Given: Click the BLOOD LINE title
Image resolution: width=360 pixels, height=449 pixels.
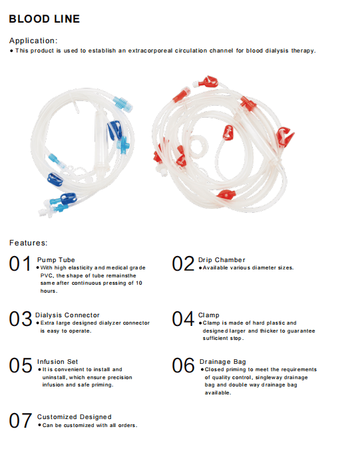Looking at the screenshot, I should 44,19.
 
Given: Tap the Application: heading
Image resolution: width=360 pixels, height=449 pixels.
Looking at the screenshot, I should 33,41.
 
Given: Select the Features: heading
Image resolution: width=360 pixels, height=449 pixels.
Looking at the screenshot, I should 28,243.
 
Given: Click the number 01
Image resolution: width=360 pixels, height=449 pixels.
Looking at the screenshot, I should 20,264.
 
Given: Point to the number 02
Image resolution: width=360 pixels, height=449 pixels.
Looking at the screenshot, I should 183,264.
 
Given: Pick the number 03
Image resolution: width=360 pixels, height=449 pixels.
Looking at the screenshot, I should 20,319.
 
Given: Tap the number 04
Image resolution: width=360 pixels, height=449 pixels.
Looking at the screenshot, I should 183,319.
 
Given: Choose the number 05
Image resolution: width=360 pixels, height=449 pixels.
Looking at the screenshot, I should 20,366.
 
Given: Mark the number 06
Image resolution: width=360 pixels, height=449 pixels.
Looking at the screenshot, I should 183,366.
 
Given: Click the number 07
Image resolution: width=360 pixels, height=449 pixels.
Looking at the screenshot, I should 20,421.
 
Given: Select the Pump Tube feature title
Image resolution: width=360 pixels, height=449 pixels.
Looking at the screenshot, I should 56,259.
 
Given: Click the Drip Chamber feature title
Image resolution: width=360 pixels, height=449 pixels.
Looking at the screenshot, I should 222,259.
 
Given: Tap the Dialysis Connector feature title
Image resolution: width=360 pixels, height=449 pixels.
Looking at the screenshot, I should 69,315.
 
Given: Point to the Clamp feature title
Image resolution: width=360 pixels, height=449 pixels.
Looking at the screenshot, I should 208,315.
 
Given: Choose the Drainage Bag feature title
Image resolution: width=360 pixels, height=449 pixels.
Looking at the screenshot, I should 222,361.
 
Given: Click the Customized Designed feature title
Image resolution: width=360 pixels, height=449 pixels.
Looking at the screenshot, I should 74,416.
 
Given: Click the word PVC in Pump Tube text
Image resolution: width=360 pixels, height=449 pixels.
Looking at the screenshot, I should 46,275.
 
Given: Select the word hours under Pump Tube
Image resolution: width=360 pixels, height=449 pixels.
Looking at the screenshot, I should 49,291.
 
